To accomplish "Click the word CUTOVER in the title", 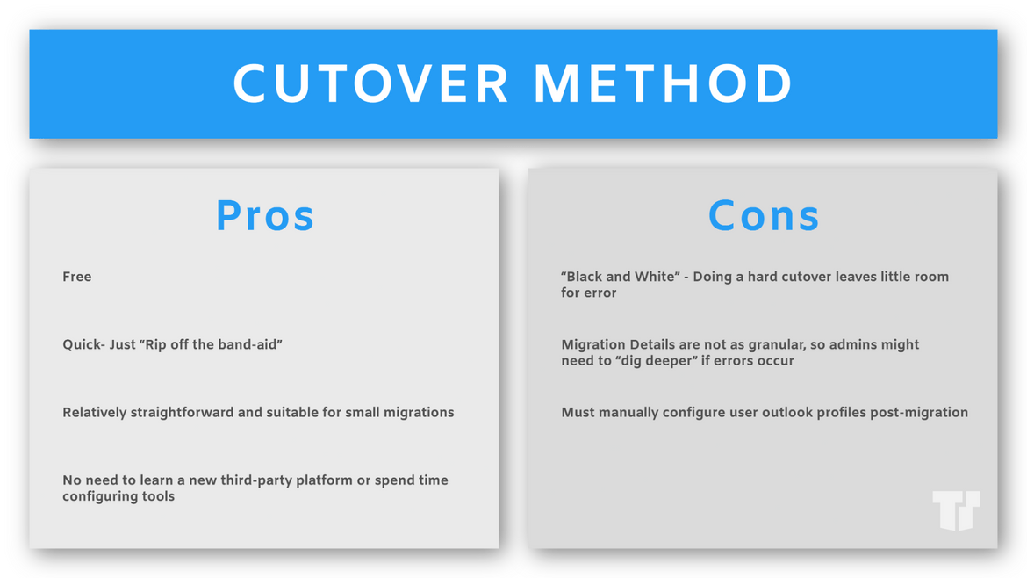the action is (x=370, y=83).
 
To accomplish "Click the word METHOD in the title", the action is (x=664, y=83).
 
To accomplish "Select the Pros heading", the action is (x=265, y=215).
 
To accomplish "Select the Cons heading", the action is (x=764, y=215).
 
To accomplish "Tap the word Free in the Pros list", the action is (x=76, y=277).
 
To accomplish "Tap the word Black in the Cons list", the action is (x=585, y=277).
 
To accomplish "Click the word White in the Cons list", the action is (x=653, y=277).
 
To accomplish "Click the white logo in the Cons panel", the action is (x=956, y=509).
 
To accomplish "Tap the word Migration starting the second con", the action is (x=593, y=344).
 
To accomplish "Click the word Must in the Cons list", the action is (x=577, y=412).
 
